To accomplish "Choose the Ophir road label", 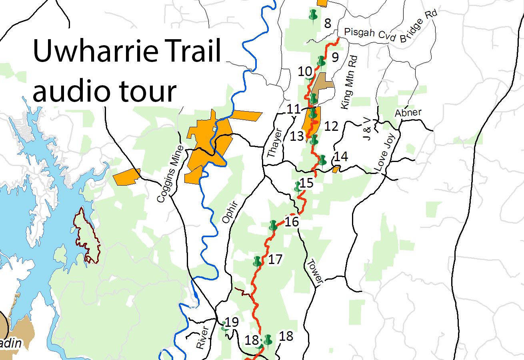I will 229,212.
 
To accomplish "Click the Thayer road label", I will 275,142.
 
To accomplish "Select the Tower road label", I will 314,272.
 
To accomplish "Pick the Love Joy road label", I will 385,153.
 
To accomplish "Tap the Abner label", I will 408,113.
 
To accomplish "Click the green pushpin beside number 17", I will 257,262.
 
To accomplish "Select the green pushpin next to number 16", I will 273,225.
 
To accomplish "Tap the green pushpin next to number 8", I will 313,15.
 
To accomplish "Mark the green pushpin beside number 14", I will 322,160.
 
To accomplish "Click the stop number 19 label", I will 232,322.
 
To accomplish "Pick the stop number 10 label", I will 305,72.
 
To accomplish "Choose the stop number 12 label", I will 331,126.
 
